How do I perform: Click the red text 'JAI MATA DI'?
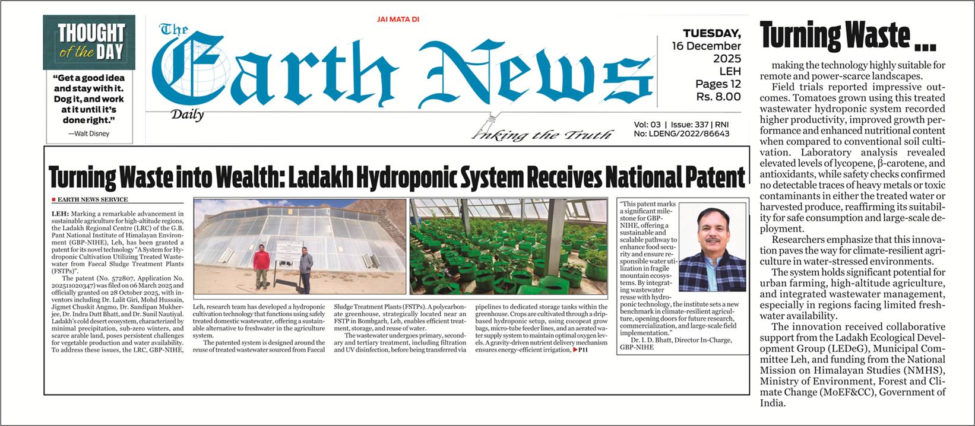(398, 20)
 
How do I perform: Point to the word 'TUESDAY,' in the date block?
(711, 33)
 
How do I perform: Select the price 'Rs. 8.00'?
(718, 96)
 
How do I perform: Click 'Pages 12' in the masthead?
(718, 84)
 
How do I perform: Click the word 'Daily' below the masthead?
(187, 115)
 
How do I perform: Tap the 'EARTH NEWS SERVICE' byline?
(92, 200)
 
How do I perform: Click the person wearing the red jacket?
(261, 268)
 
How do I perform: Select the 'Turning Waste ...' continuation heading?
(847, 36)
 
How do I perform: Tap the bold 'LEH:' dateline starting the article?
(60, 213)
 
